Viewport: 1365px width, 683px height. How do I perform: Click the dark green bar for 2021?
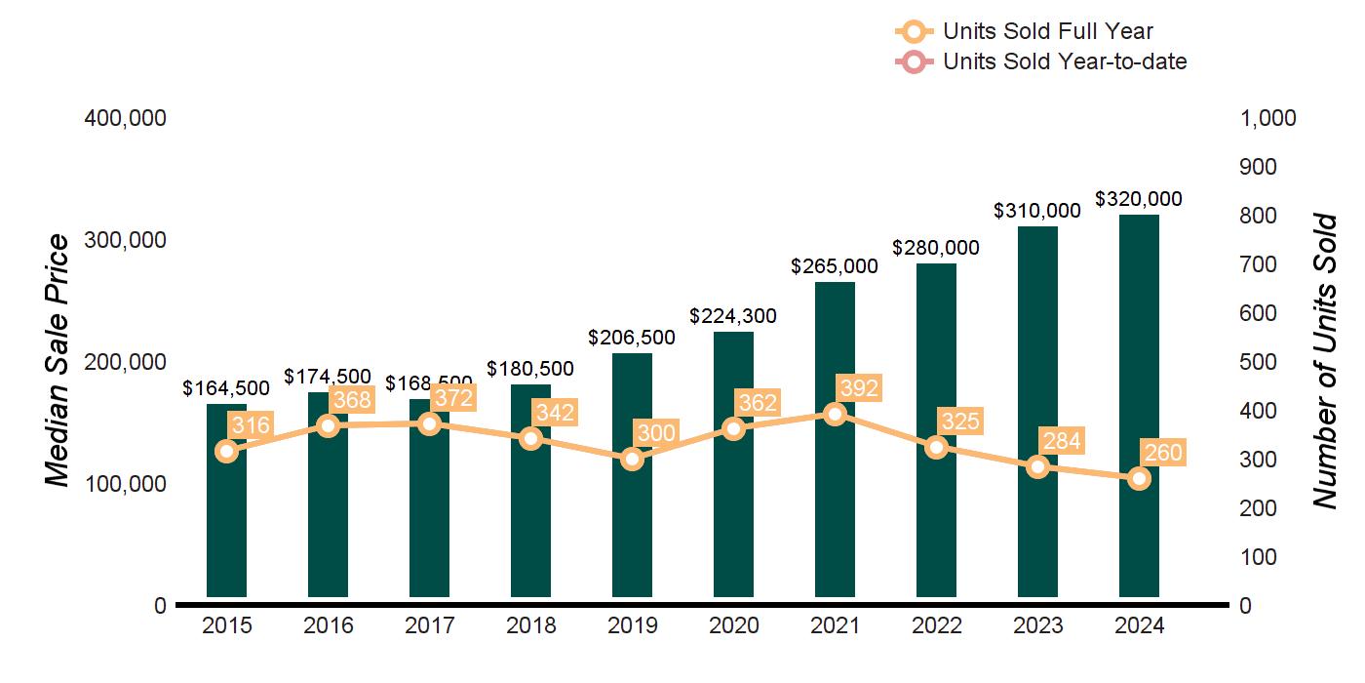point(835,507)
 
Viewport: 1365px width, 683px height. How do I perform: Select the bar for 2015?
point(226,527)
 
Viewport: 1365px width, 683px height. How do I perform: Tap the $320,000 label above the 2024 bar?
point(1139,199)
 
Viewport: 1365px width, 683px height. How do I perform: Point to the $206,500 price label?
point(632,338)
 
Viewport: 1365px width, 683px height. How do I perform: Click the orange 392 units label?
point(858,388)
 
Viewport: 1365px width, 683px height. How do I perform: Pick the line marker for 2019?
point(632,459)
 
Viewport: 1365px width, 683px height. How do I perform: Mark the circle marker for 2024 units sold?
point(1139,479)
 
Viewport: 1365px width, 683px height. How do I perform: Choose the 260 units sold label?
point(1162,454)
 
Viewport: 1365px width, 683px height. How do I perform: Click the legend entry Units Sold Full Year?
point(1048,32)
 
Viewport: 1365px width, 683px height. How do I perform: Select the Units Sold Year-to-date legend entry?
point(1065,61)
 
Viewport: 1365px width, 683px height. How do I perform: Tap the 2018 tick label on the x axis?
point(530,626)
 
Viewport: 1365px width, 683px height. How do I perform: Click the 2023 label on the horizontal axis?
point(1037,626)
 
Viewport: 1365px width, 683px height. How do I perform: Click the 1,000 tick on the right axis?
point(1267,118)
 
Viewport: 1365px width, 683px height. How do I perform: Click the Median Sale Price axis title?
point(58,361)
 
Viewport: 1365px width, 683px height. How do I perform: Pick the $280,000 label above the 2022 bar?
point(936,248)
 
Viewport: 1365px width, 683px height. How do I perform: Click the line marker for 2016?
point(328,425)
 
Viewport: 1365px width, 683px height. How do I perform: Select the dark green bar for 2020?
point(733,517)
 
